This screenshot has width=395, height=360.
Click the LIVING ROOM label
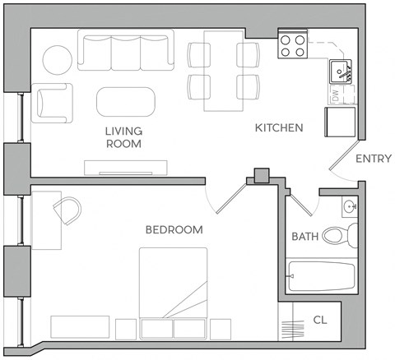pyautogui.click(x=123, y=137)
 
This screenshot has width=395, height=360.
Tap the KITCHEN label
pyautogui.click(x=279, y=128)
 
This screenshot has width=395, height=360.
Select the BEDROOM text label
pyautogui.click(x=174, y=230)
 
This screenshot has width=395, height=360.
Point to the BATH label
pyautogui.click(x=305, y=237)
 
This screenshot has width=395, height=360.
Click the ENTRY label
pyautogui.click(x=373, y=159)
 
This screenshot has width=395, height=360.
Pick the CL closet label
pyautogui.click(x=320, y=320)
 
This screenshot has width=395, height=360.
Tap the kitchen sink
pyautogui.click(x=342, y=73)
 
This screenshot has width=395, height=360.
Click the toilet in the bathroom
pyautogui.click(x=338, y=236)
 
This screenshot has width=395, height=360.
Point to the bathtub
pyautogui.click(x=321, y=277)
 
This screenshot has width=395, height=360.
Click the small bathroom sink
pyautogui.click(x=349, y=206)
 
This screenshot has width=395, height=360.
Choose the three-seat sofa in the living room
pyautogui.click(x=126, y=50)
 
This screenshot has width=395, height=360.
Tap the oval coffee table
pyautogui.click(x=125, y=103)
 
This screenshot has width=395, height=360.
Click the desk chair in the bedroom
pyautogui.click(x=69, y=211)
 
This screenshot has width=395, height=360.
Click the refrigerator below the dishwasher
pyautogui.click(x=340, y=121)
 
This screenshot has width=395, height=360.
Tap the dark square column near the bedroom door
pyautogui.click(x=262, y=175)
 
